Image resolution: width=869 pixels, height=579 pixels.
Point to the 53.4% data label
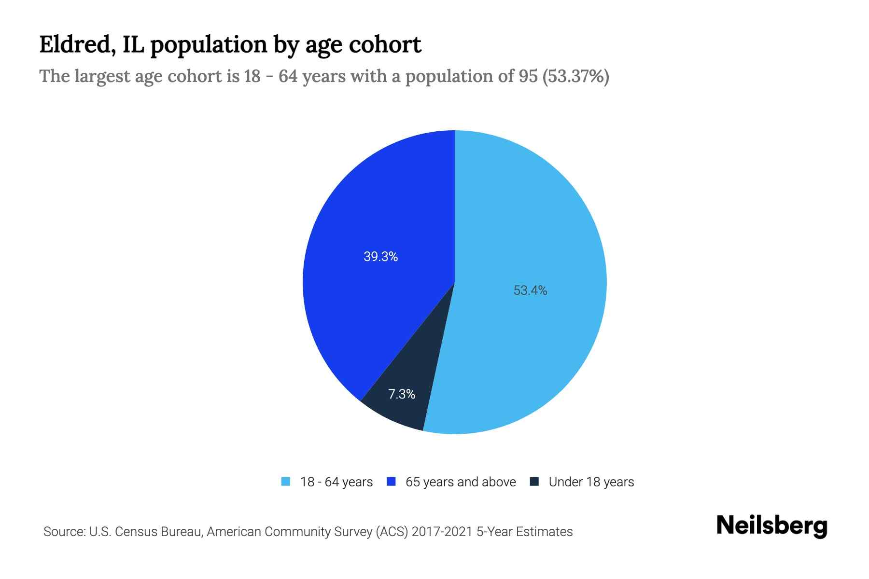tap(530, 290)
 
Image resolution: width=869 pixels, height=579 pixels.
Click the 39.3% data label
tap(380, 257)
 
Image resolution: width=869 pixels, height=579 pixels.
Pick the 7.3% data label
tap(402, 394)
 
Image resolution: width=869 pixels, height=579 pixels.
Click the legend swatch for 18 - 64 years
tap(286, 482)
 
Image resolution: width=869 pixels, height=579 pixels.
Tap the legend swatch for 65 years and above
tap(392, 482)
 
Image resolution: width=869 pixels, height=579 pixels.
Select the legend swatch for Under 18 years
tap(534, 482)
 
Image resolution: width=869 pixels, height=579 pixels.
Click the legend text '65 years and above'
tap(461, 482)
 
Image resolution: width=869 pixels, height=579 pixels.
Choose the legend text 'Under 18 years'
tap(591, 482)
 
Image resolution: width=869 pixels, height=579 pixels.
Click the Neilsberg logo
tap(771, 525)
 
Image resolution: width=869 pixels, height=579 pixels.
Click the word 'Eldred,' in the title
tap(77, 45)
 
